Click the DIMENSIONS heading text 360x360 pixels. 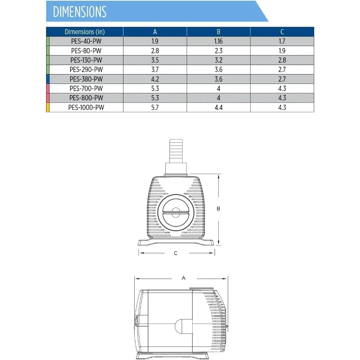pos(80,12)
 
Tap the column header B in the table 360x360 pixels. pos(219,32)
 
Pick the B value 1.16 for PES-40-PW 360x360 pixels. pos(219,41)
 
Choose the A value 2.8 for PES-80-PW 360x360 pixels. pos(155,50)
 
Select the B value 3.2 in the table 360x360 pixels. pos(219,60)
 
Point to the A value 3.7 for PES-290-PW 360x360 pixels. pos(155,69)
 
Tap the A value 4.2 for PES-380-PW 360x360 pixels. pos(155,79)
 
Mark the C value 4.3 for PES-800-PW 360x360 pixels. pos(282,98)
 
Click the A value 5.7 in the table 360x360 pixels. pos(155,107)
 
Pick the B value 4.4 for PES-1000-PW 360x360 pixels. pos(219,107)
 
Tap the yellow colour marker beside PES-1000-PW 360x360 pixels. pos(48,107)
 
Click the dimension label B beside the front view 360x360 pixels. pos(219,208)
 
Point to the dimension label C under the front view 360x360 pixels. pos(176,253)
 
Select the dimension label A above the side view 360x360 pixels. pos(184,278)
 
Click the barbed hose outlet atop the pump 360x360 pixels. pos(176,151)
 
